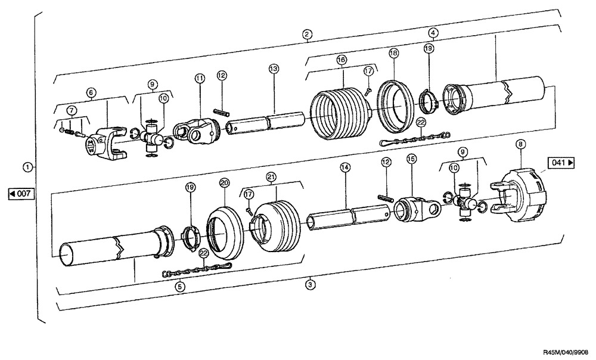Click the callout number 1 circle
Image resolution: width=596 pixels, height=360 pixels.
[x=26, y=166]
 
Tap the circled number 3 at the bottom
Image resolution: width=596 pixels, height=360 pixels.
[x=309, y=285]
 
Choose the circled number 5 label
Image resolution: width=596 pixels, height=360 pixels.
[x=179, y=286]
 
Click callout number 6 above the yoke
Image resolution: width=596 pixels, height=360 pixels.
[x=91, y=92]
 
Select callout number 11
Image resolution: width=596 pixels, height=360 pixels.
[x=199, y=78]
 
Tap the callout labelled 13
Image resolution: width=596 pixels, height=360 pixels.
[x=274, y=69]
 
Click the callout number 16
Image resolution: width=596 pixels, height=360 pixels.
[x=341, y=60]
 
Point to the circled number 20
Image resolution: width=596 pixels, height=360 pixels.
[x=224, y=182]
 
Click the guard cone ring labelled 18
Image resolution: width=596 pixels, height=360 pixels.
[x=394, y=104]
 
